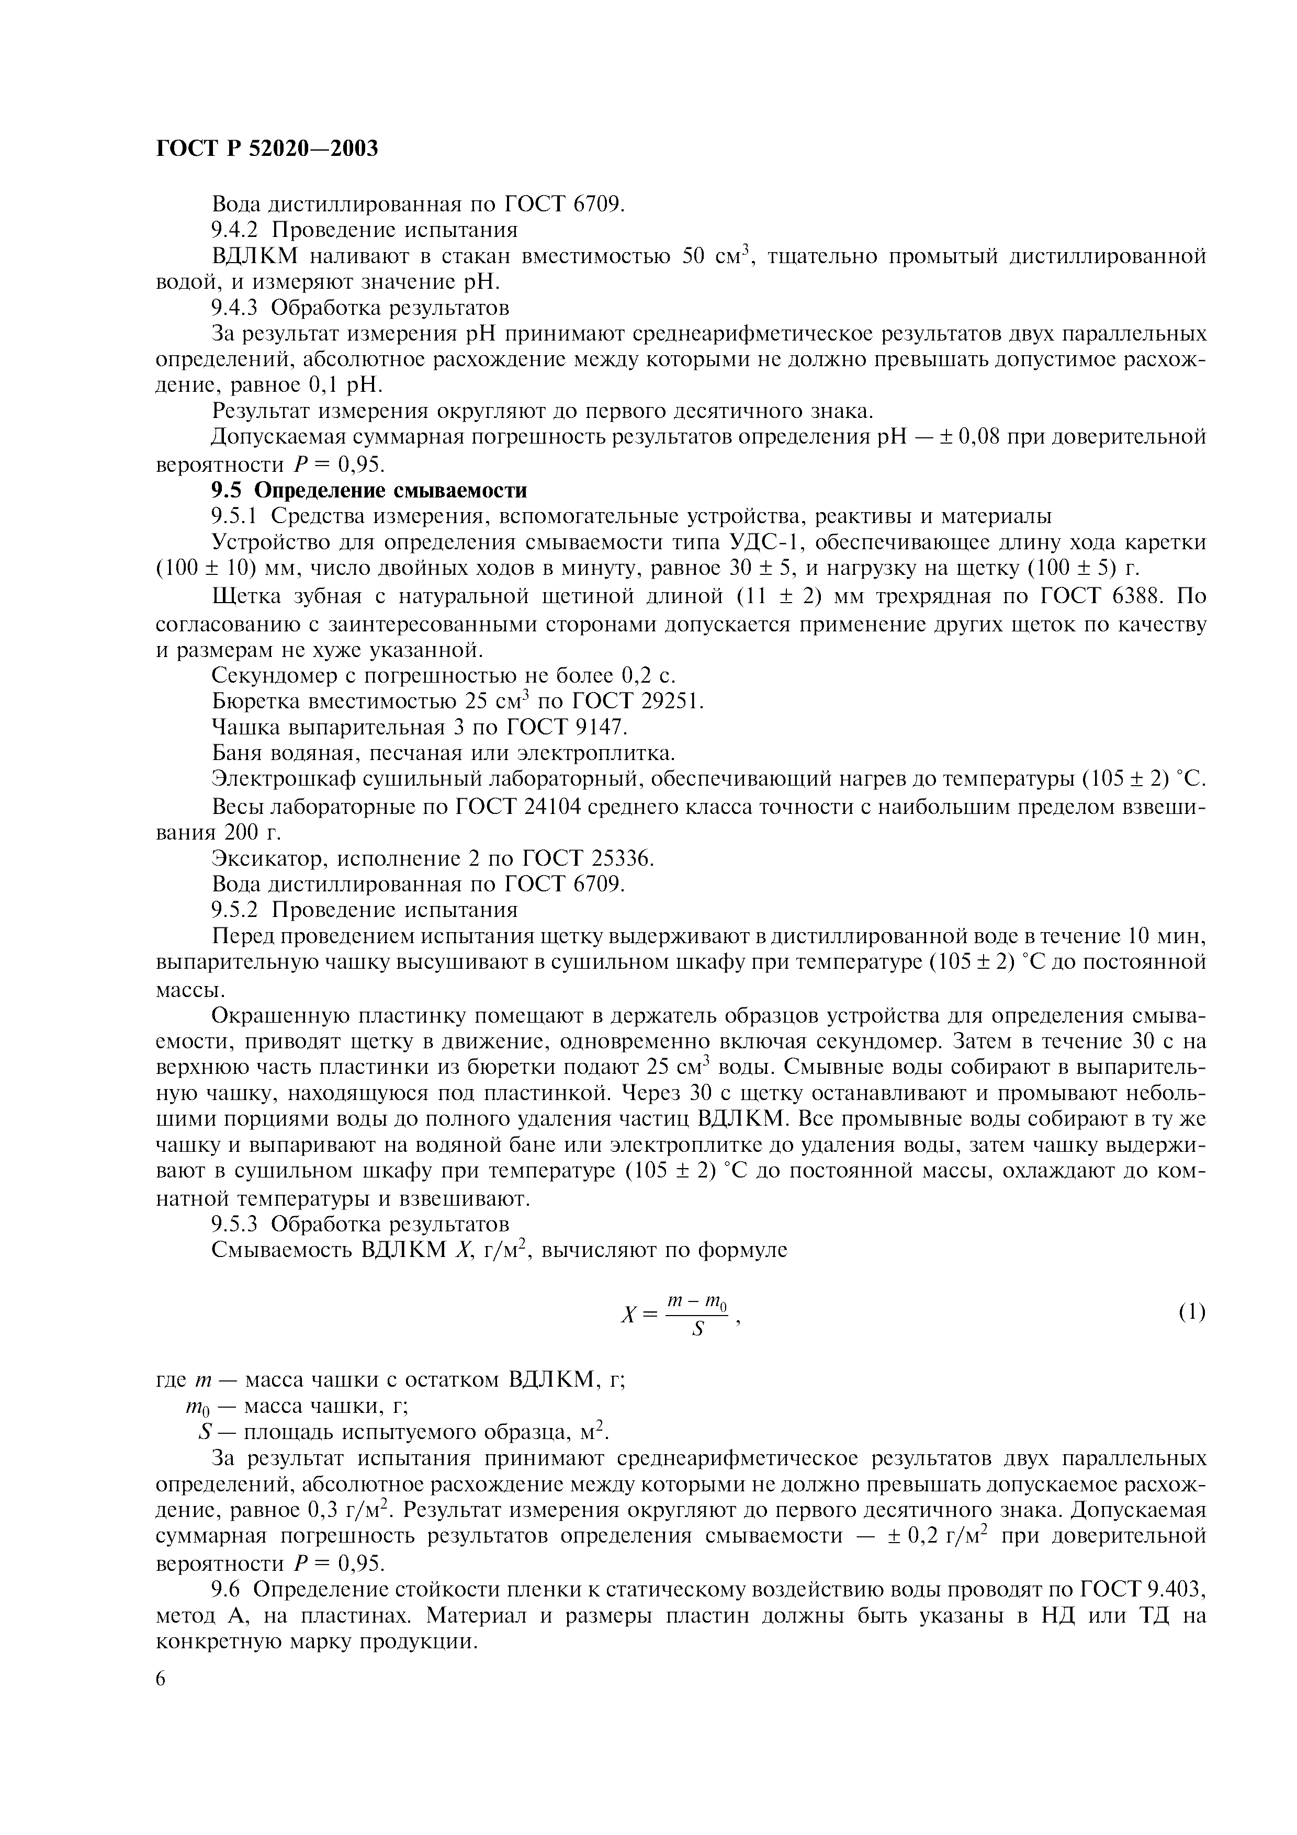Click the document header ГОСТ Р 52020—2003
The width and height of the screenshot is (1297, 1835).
(x=266, y=149)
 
